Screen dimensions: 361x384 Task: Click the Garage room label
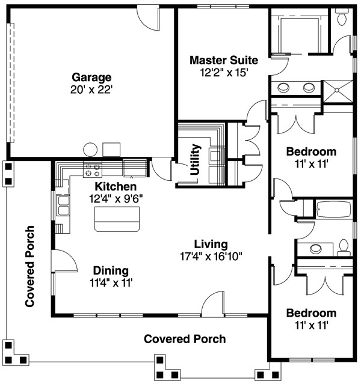91,78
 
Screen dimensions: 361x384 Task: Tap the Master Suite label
224,60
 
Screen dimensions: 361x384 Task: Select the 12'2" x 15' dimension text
224,73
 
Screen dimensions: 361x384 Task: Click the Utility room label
196,159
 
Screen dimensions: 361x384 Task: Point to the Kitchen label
116,187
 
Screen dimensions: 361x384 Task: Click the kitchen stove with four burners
93,169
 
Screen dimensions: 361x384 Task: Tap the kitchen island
117,219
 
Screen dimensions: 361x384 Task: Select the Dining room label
111,270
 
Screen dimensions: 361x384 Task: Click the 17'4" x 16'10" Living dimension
211,257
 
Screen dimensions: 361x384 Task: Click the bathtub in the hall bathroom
334,210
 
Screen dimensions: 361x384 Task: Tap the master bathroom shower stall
338,91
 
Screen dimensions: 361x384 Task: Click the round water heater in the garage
90,150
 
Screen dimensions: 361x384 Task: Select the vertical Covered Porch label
29,266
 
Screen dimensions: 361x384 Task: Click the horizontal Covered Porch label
185,339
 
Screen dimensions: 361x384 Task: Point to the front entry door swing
213,302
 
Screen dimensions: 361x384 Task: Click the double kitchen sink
63,206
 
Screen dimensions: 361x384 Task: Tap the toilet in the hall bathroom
344,248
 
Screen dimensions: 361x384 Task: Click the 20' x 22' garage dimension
91,90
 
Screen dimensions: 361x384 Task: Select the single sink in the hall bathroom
316,249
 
